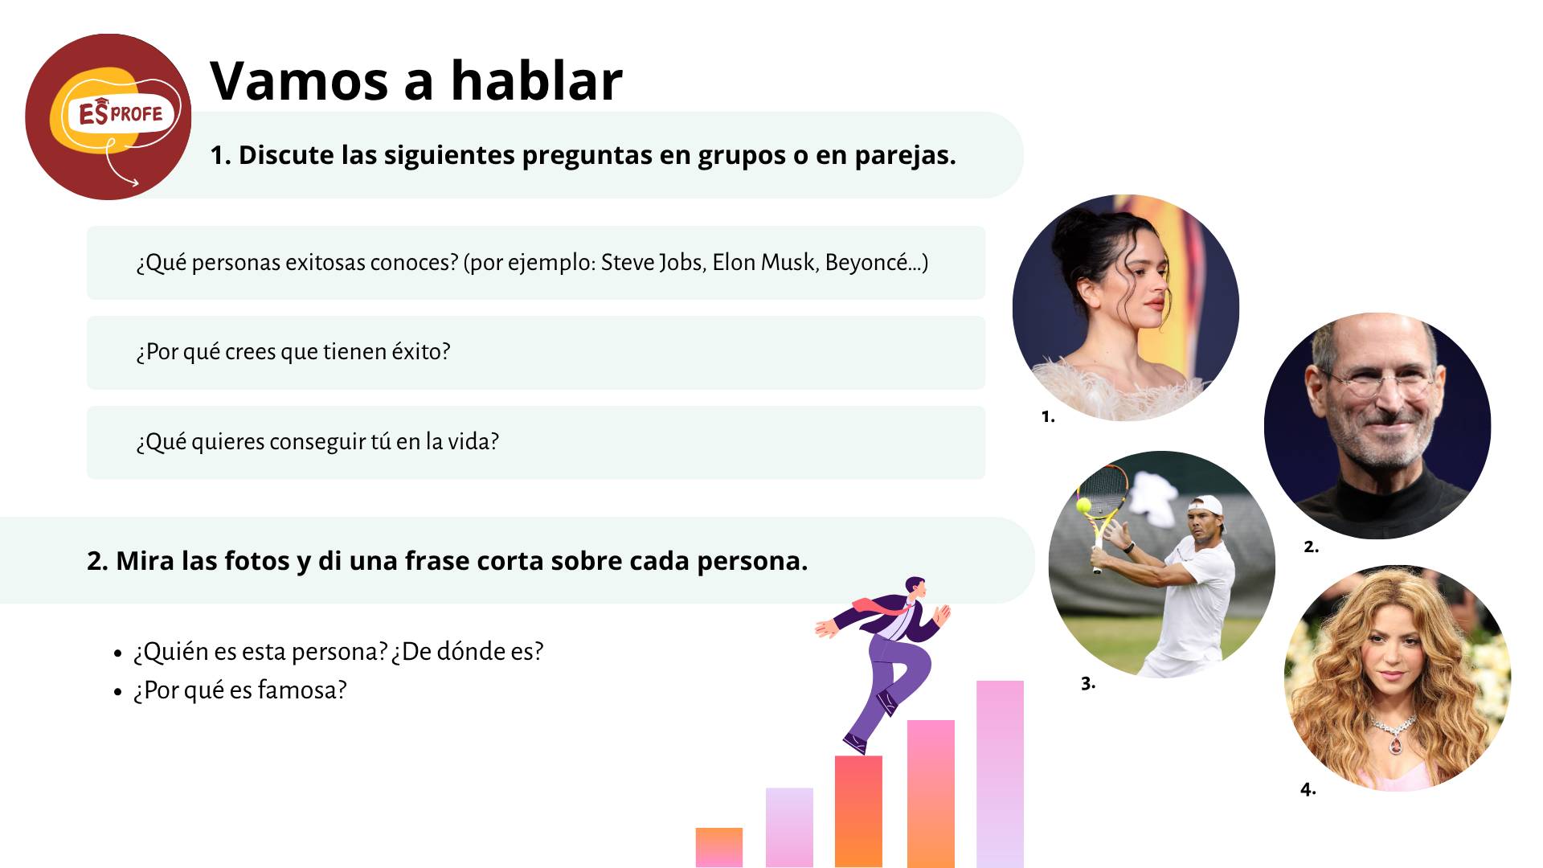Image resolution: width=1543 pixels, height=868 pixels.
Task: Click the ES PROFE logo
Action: click(x=108, y=117)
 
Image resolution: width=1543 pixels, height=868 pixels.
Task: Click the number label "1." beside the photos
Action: click(x=1048, y=416)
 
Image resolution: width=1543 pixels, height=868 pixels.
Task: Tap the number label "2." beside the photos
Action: click(x=1311, y=547)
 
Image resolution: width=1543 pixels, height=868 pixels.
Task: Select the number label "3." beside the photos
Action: click(x=1088, y=683)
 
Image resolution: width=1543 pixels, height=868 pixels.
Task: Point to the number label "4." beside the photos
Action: click(x=1308, y=789)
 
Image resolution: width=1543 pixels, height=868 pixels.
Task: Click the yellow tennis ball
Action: click(x=1083, y=505)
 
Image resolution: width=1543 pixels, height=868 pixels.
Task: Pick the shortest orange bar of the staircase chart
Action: click(x=719, y=847)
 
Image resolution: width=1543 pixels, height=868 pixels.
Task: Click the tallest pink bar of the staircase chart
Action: click(x=1000, y=774)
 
